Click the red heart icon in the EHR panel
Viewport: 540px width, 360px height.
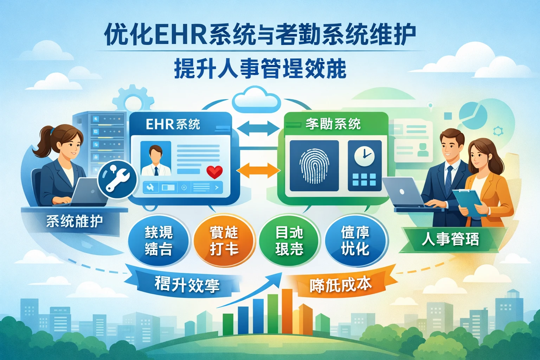(214, 172)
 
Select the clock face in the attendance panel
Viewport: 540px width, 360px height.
(364, 155)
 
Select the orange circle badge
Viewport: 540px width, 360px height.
(224, 241)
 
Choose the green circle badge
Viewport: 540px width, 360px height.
(289, 241)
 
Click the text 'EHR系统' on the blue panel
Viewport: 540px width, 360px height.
(173, 124)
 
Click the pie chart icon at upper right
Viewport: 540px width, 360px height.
(473, 114)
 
